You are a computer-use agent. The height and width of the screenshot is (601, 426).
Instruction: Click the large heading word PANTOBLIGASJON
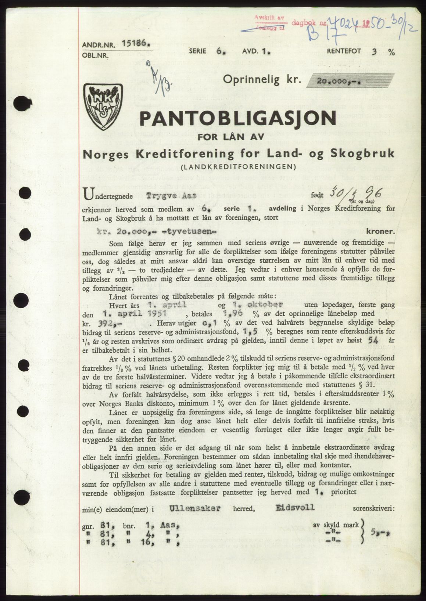(x=238, y=118)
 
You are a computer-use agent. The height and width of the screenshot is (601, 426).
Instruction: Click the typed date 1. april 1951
(x=136, y=313)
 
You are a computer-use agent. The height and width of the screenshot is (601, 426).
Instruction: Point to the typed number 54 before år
(x=374, y=341)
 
